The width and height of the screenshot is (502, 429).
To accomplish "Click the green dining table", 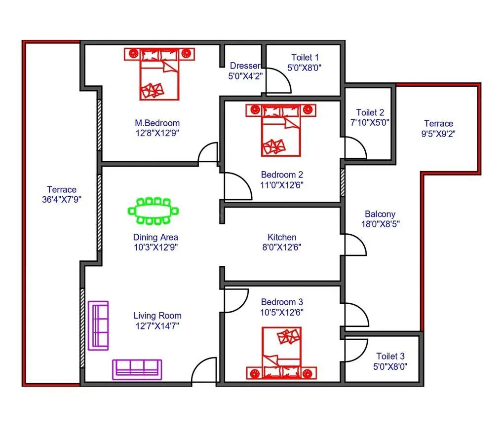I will [x=153, y=211].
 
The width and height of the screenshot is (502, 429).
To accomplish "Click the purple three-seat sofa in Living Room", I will [x=137, y=369].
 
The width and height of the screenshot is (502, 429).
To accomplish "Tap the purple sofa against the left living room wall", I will [x=98, y=325].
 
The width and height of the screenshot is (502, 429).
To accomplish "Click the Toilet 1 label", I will [x=305, y=58].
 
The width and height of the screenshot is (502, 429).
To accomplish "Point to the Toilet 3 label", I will [x=390, y=356].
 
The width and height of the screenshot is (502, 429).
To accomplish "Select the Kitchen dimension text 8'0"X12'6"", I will [x=282, y=247].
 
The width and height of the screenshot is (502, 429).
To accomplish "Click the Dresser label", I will [x=245, y=66].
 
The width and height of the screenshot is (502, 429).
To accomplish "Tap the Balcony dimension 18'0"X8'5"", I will [x=380, y=224].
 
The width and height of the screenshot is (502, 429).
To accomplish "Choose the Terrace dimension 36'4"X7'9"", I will [x=62, y=200].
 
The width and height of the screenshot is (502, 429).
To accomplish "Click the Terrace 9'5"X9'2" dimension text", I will [x=438, y=133].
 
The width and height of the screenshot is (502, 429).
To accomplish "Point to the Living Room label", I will [x=157, y=316].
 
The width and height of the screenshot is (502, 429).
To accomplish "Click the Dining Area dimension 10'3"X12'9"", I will [x=155, y=247].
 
